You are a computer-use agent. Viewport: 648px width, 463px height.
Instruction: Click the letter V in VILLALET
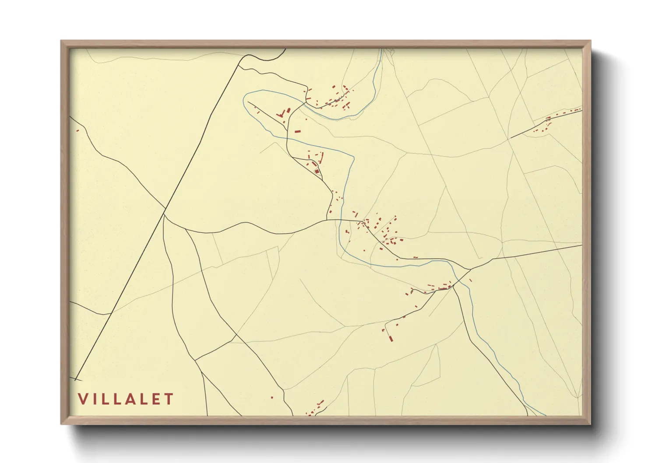(x=82, y=399)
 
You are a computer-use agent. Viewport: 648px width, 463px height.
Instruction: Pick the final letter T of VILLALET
(x=169, y=399)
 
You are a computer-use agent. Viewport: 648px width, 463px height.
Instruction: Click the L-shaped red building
(x=280, y=115)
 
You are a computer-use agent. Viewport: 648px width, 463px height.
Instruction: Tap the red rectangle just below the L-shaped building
(x=298, y=130)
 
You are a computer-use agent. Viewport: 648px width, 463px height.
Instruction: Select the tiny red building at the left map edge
(x=77, y=130)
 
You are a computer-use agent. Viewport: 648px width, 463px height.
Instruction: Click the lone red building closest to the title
(x=272, y=397)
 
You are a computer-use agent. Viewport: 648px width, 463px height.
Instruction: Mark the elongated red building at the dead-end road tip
(x=391, y=338)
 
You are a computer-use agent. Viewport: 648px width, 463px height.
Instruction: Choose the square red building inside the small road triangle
(x=316, y=171)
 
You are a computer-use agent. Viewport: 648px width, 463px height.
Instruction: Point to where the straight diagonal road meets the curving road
(x=164, y=214)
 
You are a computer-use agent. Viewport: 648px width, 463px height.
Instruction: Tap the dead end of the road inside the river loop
(x=248, y=102)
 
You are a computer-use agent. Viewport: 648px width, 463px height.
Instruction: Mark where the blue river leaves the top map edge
(x=382, y=49)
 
